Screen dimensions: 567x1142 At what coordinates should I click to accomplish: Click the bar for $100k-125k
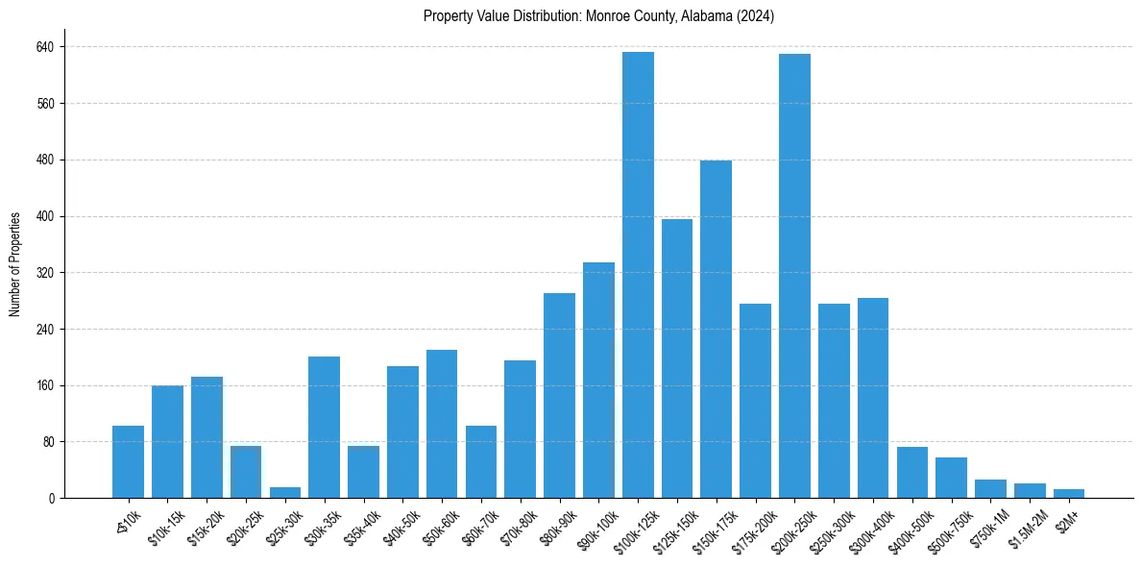[638, 275]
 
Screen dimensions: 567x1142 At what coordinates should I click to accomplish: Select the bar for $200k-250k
[794, 276]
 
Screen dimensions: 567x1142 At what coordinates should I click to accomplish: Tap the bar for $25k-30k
[285, 492]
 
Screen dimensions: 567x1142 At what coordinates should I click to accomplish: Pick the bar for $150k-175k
[716, 329]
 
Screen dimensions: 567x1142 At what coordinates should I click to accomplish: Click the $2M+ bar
[1069, 493]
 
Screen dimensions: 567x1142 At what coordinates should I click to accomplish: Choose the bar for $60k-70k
[481, 461]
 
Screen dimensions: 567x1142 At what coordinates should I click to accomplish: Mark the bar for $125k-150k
[677, 358]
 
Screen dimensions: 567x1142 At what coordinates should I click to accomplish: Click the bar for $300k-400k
[873, 398]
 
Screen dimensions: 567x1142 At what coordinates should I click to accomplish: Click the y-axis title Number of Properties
[15, 263]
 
